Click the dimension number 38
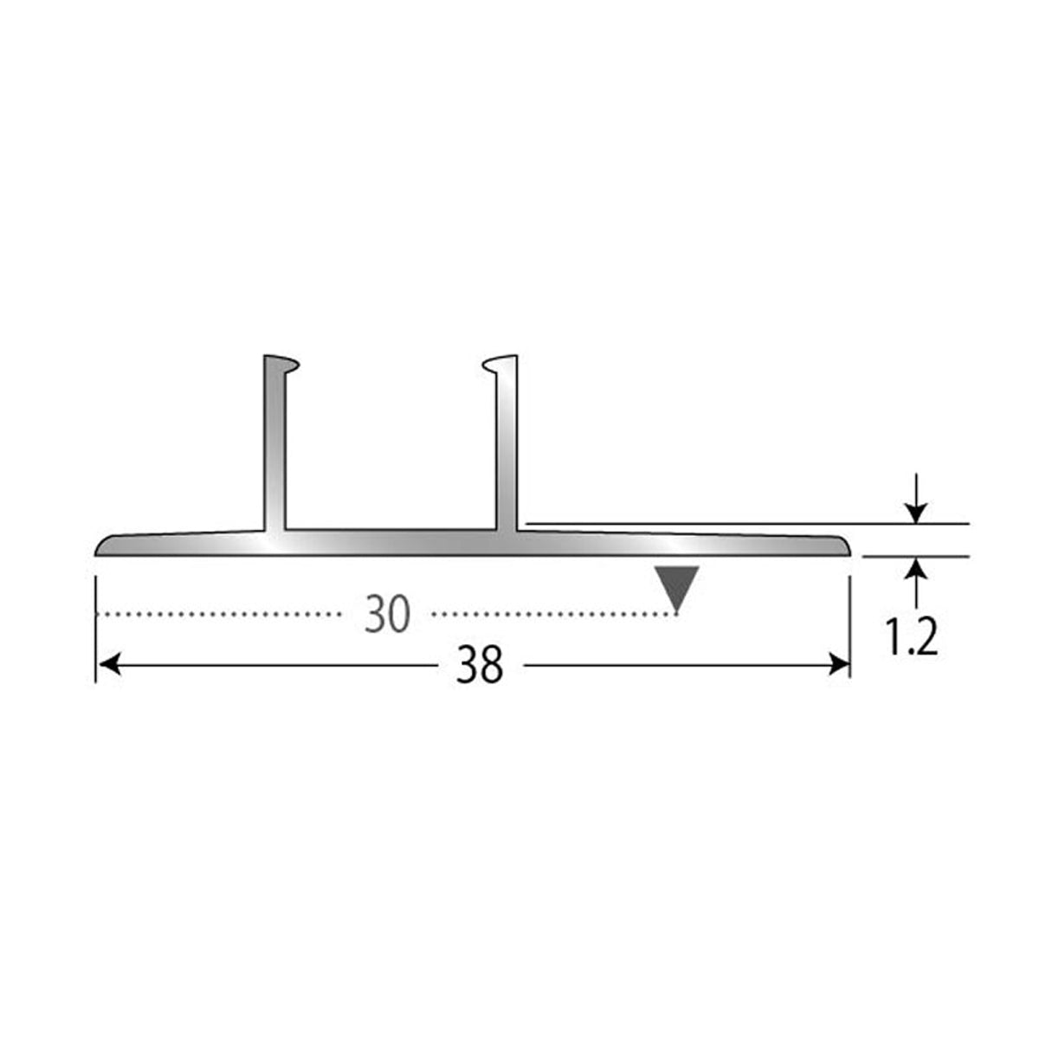pyautogui.click(x=479, y=665)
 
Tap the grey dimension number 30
pyautogui.click(x=387, y=614)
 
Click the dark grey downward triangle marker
pyautogui.click(x=677, y=589)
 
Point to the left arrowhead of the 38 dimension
pyautogui.click(x=109, y=664)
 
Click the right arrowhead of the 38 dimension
pyautogui.click(x=839, y=664)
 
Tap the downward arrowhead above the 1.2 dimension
pyautogui.click(x=915, y=513)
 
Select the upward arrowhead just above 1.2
pyautogui.click(x=915, y=568)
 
